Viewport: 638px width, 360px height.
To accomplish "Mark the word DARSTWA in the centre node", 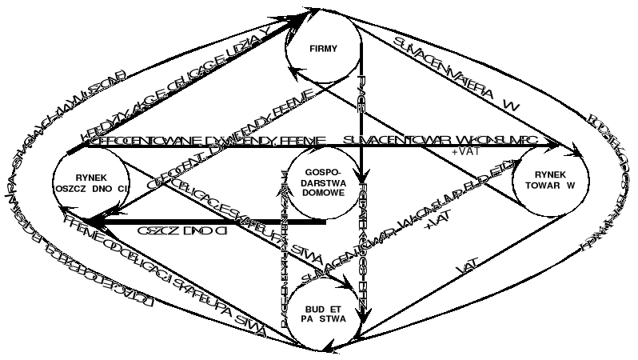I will [323, 185].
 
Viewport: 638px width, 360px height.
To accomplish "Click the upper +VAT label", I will [466, 150].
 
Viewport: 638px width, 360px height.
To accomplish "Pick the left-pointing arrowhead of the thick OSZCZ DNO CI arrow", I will [90, 221].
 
